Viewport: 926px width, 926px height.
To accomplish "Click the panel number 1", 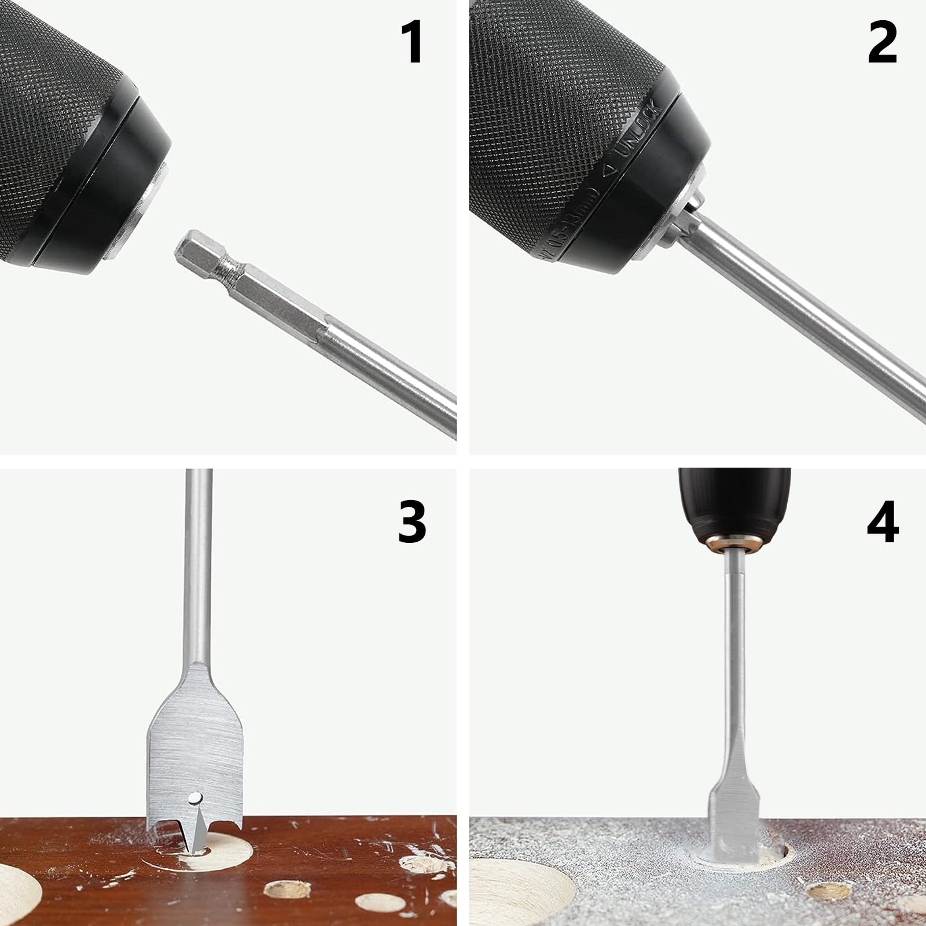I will tap(413, 43).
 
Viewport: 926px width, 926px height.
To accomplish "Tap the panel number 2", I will tap(882, 43).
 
